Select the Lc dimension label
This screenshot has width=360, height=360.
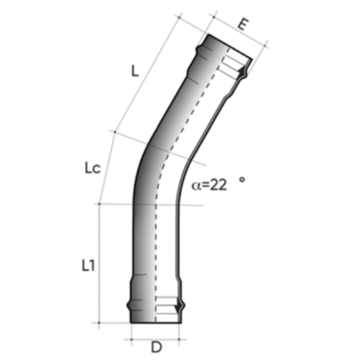(84, 166)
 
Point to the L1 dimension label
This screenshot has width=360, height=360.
(88, 264)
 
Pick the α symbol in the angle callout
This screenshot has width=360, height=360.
(197, 187)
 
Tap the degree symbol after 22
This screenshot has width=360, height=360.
(241, 180)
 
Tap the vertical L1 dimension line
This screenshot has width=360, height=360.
(97, 264)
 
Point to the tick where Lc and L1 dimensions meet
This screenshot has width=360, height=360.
(97, 204)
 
